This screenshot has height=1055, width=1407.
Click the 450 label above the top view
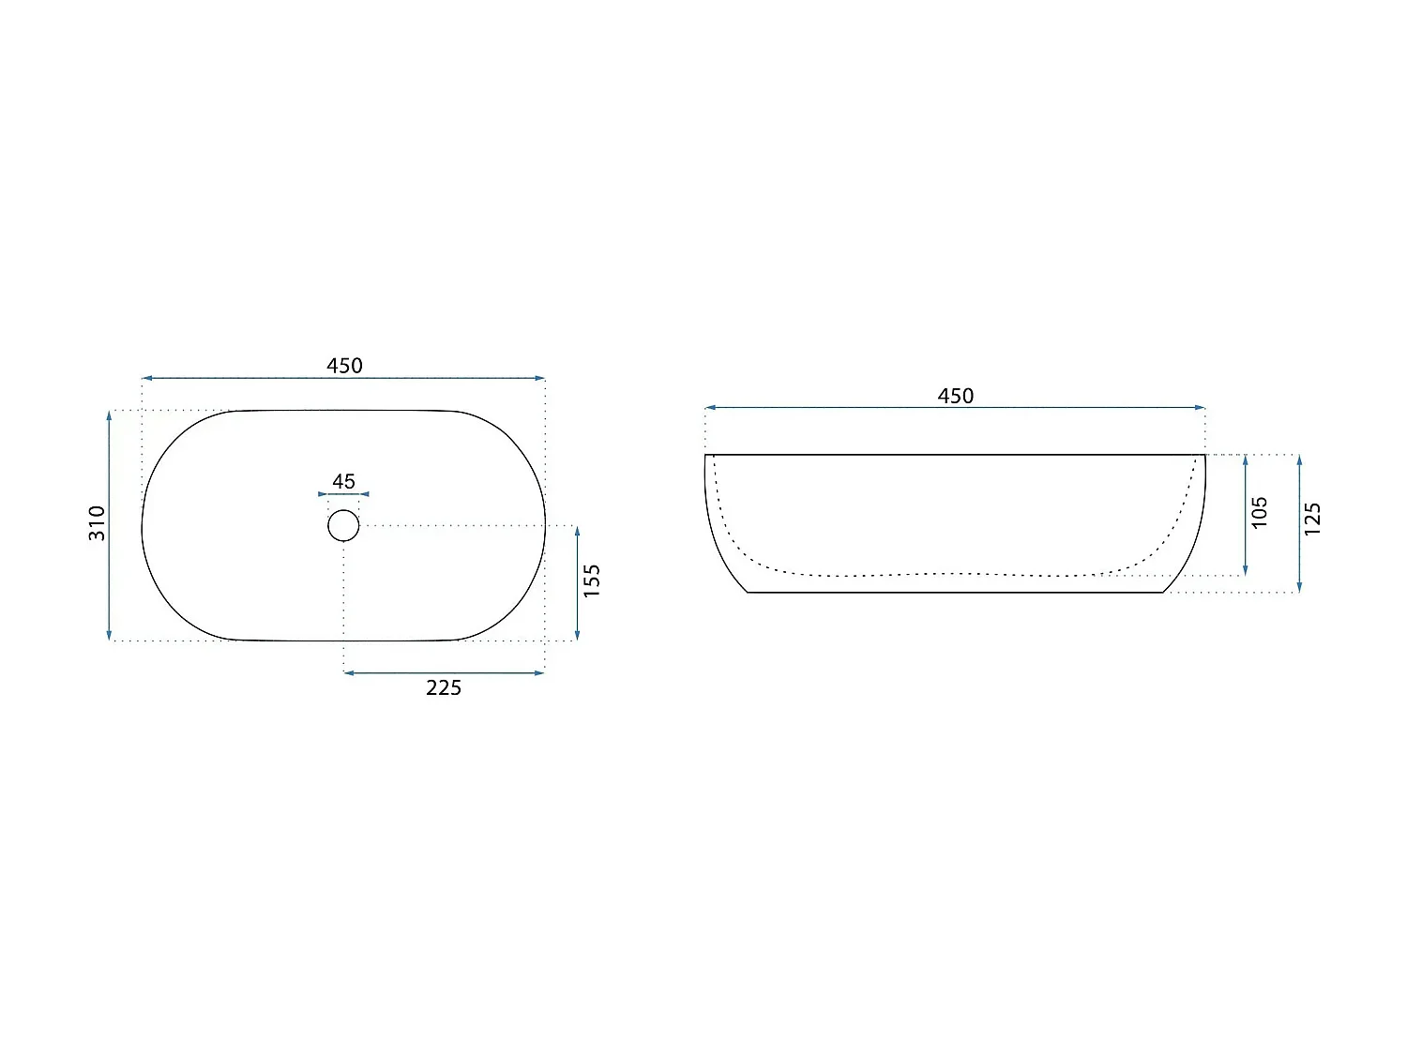(344, 366)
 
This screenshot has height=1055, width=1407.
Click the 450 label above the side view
(956, 396)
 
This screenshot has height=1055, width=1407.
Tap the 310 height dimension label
(97, 523)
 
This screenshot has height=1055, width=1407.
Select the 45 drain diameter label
(343, 481)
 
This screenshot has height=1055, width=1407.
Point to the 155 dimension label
(592, 580)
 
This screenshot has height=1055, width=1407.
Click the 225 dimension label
(444, 688)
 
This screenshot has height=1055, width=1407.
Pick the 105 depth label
(1260, 512)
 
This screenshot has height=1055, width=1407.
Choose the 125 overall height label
(1313, 519)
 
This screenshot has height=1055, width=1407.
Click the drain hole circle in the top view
(343, 525)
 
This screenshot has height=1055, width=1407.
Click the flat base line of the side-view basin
(955, 593)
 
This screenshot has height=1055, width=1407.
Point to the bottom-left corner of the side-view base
(748, 593)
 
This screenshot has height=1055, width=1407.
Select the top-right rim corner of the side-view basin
(1205, 455)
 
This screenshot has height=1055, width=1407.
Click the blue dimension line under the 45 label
(343, 494)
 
